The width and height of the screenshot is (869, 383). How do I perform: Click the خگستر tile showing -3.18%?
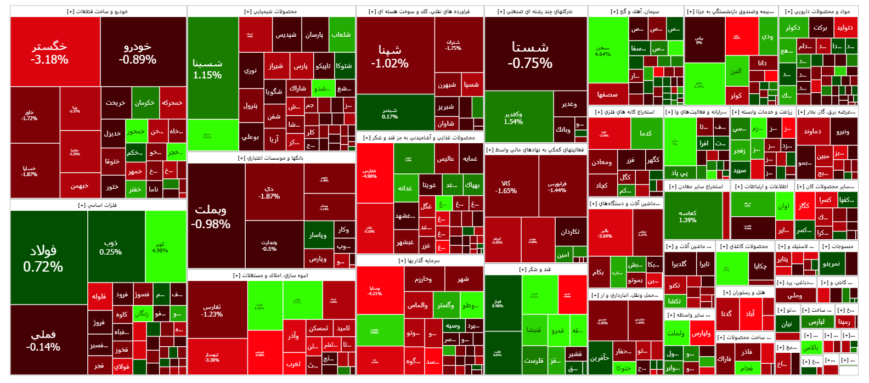(49, 52)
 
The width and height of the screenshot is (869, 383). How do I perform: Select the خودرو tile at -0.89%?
(137, 52)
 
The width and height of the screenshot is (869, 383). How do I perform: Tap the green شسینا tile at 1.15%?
(207, 69)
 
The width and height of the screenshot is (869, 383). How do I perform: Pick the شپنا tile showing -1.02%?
(390, 56)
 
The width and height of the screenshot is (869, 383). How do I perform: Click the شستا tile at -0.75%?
(530, 55)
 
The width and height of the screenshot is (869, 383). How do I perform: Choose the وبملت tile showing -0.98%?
(211, 216)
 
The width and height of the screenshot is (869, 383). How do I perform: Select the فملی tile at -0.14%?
(43, 340)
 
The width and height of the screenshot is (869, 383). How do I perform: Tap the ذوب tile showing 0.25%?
(111, 247)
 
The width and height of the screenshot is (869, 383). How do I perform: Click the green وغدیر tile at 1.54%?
(513, 118)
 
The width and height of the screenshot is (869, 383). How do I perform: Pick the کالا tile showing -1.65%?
(506, 187)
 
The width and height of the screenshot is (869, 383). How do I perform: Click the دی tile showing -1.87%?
(269, 192)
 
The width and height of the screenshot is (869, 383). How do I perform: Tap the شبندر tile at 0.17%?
(390, 113)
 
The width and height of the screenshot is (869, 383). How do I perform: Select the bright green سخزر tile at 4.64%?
(602, 50)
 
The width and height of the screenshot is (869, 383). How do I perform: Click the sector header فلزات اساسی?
(98, 205)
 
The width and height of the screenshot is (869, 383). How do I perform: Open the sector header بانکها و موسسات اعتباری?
(272, 158)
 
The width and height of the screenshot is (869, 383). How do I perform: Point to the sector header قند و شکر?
(535, 269)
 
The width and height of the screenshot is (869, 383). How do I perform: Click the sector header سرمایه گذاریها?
(420, 261)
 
